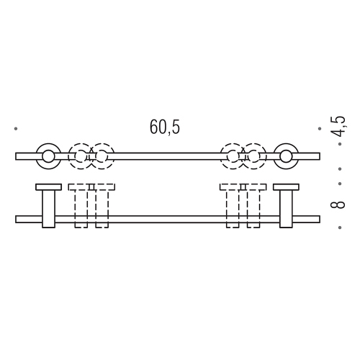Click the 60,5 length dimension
(x=165, y=127)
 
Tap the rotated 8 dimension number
(x=338, y=205)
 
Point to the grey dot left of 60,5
(x=16, y=129)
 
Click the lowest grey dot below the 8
(x=340, y=228)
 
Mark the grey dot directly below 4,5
(x=340, y=144)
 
